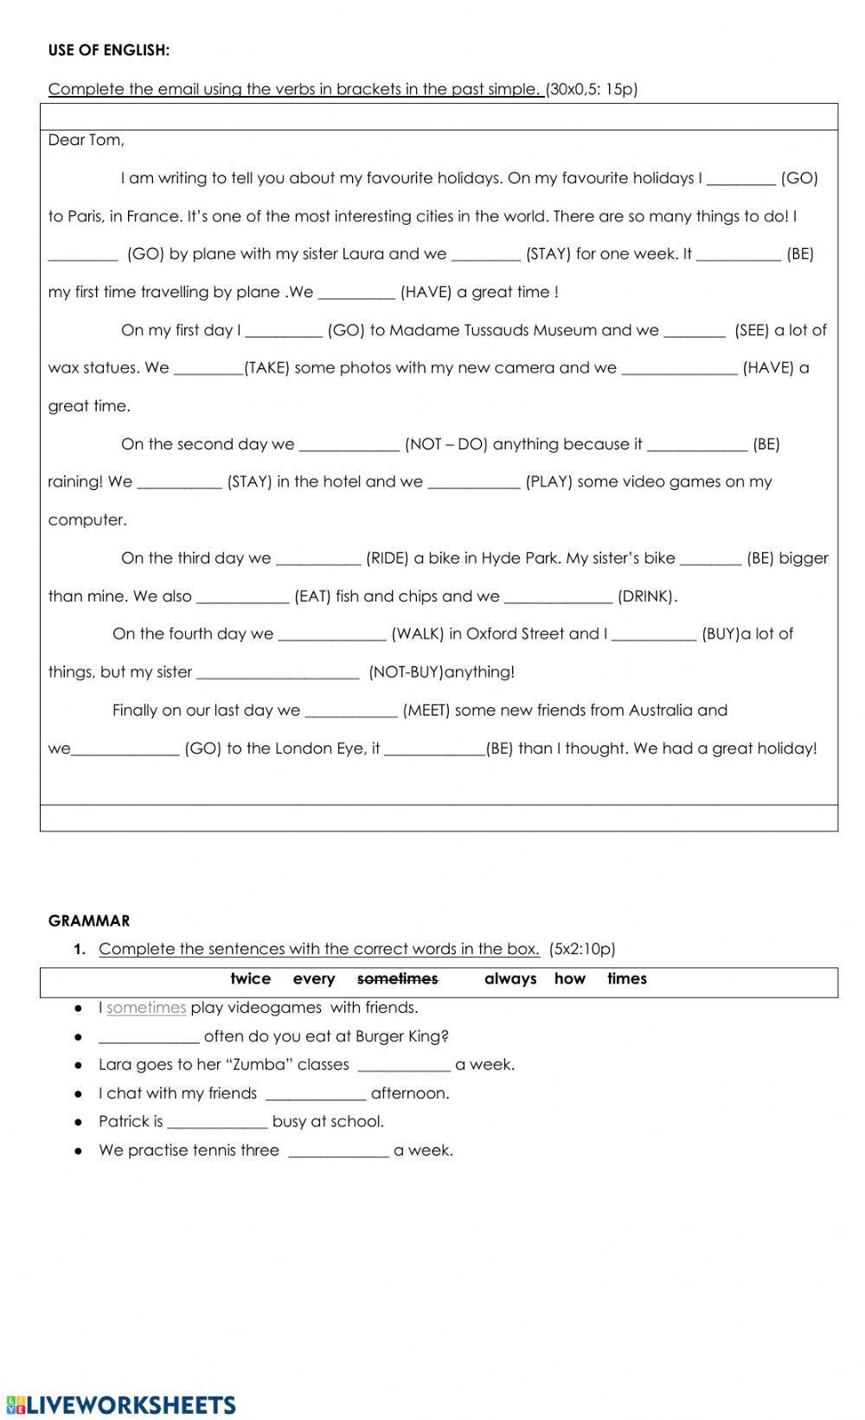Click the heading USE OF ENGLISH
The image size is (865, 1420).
pos(109,50)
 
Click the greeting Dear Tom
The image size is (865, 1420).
pos(86,140)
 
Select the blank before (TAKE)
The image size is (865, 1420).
pos(208,369)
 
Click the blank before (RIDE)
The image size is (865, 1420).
pos(317,559)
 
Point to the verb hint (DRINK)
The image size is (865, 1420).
pos(647,596)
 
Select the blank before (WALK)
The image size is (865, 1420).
pos(331,635)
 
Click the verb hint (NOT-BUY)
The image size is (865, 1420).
pos(406,672)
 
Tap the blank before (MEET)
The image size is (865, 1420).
pos(350,711)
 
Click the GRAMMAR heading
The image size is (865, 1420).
pos(89,921)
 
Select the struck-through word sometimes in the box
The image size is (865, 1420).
pos(397,979)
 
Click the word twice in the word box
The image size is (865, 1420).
pos(250,979)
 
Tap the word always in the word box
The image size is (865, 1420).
pos(509,979)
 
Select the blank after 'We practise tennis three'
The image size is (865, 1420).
pos(338,1152)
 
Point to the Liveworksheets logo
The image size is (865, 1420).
pos(120,1404)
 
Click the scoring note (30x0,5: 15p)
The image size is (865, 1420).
pos(592,89)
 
